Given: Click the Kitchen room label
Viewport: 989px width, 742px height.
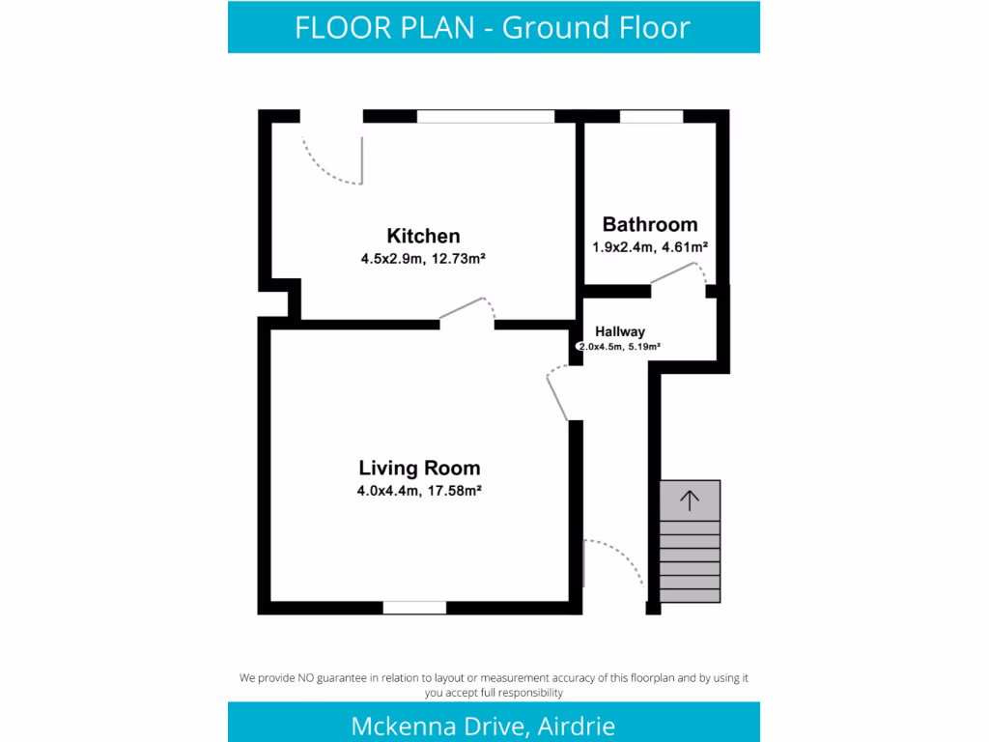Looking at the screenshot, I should click(423, 236).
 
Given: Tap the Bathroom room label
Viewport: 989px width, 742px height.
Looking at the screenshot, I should click(649, 225).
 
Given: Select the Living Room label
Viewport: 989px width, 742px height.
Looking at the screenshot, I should click(419, 469).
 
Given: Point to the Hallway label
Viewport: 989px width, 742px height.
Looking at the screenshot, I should click(619, 331).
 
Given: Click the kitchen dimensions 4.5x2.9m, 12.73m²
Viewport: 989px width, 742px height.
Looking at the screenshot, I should click(422, 258).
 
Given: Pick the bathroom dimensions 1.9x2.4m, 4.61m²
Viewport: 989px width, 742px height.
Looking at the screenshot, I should click(650, 247).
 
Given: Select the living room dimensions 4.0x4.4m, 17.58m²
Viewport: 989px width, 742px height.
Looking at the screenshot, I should click(419, 491).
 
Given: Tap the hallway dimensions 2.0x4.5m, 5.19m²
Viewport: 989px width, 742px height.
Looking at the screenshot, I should click(619, 347).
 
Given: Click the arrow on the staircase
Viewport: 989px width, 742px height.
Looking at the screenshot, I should click(690, 499).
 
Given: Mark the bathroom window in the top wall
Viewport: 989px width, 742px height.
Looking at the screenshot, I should click(650, 117).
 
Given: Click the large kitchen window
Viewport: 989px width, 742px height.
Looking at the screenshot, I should click(486, 117).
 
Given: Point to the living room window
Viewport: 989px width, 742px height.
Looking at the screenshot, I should click(414, 608).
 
